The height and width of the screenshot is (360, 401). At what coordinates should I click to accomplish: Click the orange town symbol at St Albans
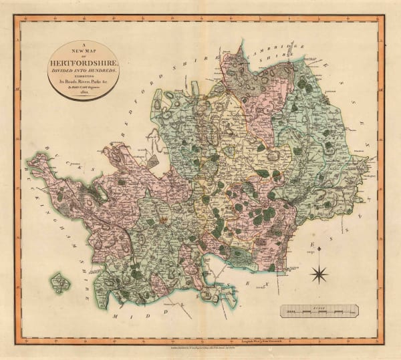coord(162,218)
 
